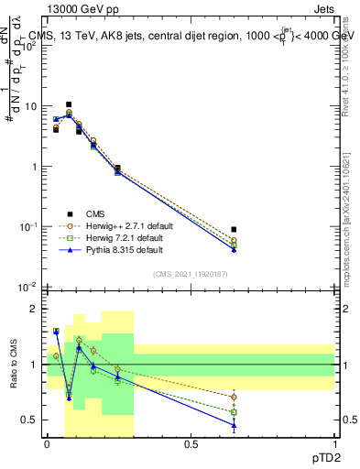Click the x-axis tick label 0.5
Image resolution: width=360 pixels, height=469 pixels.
[191, 444]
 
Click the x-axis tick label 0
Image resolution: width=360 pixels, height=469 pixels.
[47, 444]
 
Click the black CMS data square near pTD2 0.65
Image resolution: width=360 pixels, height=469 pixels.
[234, 230]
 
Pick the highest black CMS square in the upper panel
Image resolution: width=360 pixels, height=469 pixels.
[69, 104]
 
